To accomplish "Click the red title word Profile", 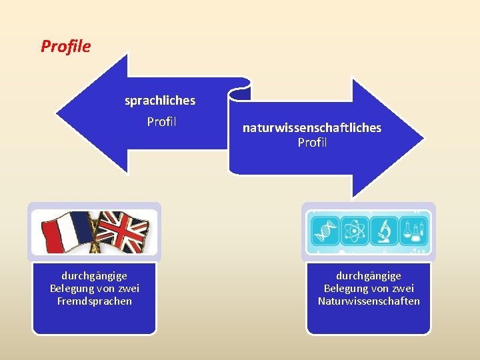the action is pos(65,46).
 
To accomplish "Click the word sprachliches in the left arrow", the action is pos(160,101).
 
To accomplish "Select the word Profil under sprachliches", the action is pos(161,122).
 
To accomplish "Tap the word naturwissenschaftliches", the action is pos(311,127).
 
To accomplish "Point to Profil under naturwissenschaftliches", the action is pos(312,142).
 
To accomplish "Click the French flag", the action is pos(67,232).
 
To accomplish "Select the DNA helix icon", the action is pos(327,231).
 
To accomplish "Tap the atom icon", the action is pos(353,231).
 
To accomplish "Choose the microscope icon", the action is pos(384,231).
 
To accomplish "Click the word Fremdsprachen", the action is pos(95,301).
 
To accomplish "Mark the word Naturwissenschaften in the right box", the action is pos(369,301).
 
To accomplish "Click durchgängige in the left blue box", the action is pos(95,275).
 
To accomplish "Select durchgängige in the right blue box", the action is pos(369,275).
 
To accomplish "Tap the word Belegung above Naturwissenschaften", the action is pos(347,288).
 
